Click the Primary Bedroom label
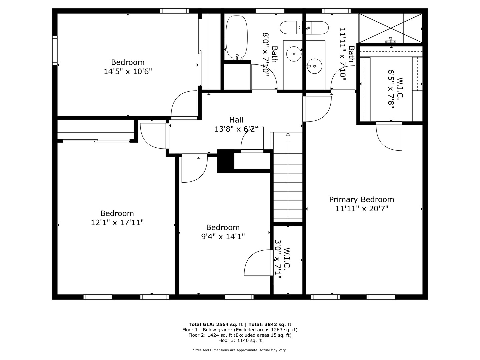point(361,199)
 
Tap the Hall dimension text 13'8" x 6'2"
point(236,129)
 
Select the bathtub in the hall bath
point(237,37)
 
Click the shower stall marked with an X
point(391,28)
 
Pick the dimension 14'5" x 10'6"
point(128,71)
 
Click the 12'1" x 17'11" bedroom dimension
point(117,223)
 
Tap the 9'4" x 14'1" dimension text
point(223,236)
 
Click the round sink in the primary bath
point(314,66)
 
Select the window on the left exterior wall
point(55,50)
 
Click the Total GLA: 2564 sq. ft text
point(216,324)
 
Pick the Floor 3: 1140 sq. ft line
point(240,340)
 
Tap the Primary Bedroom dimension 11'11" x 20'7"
point(362,209)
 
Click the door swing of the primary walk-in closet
point(389,136)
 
